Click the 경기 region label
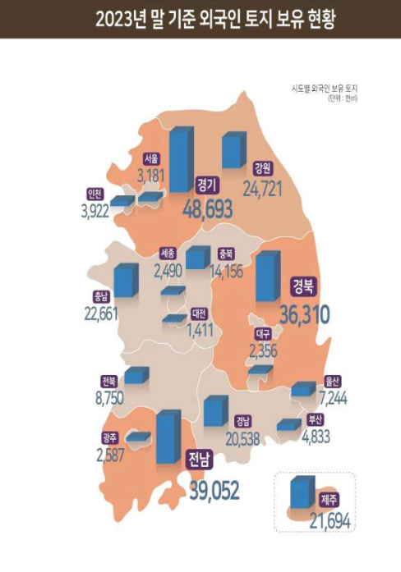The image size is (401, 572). click(205, 185)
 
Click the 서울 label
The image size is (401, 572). click(150, 158)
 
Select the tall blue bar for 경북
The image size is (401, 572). click(265, 277)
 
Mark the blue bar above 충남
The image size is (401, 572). click(125, 280)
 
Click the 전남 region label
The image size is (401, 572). click(197, 457)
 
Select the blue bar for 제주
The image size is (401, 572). click(302, 492)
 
